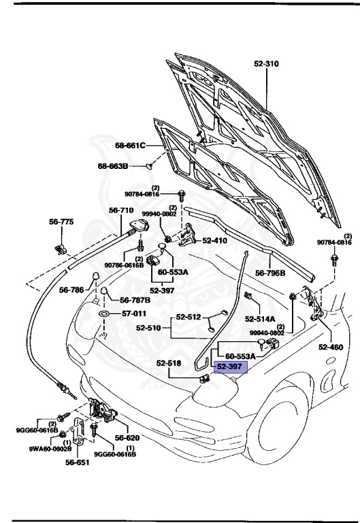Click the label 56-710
pyautogui.click(x=122, y=210)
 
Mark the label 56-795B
pyautogui.click(x=270, y=273)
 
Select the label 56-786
pyautogui.click(x=72, y=290)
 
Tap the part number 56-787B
pyautogui.click(x=135, y=300)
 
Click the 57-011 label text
pyautogui.click(x=134, y=314)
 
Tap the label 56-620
pyautogui.click(x=127, y=439)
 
